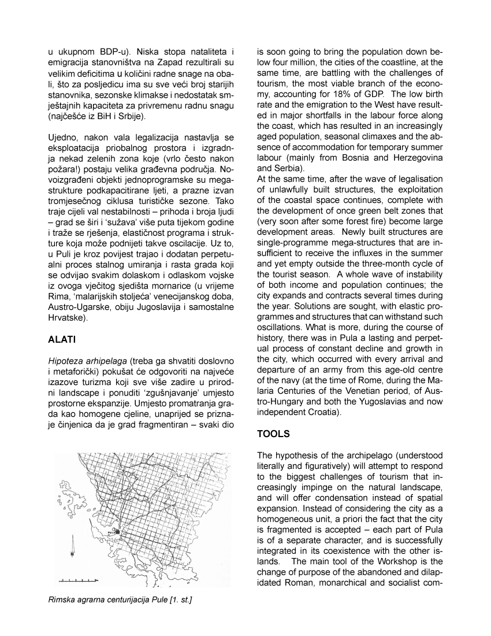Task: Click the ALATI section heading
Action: [x=61, y=339]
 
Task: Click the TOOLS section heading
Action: [x=274, y=433]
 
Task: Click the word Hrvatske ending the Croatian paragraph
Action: [x=66, y=318]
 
